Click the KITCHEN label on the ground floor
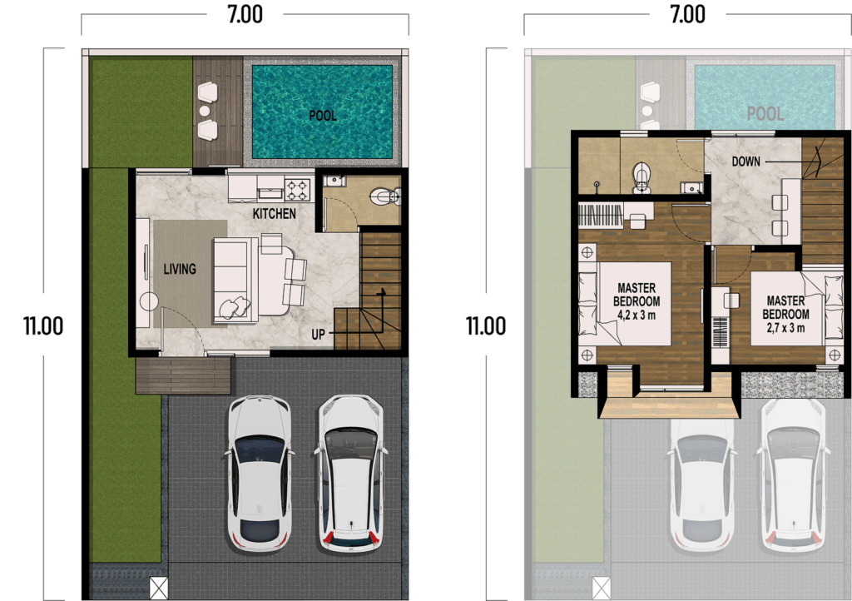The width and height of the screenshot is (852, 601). click(x=275, y=214)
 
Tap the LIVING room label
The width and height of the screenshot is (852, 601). click(x=179, y=269)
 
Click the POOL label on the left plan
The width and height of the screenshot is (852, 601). click(x=323, y=116)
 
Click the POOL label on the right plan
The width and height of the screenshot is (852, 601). click(x=765, y=113)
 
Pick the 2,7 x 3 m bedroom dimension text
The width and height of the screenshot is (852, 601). click(x=786, y=327)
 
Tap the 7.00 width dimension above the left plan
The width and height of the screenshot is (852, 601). click(x=245, y=16)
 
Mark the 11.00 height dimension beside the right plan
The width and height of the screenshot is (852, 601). click(x=486, y=325)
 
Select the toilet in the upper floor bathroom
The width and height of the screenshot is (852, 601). click(x=641, y=176)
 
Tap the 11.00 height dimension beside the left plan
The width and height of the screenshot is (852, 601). click(x=43, y=325)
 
